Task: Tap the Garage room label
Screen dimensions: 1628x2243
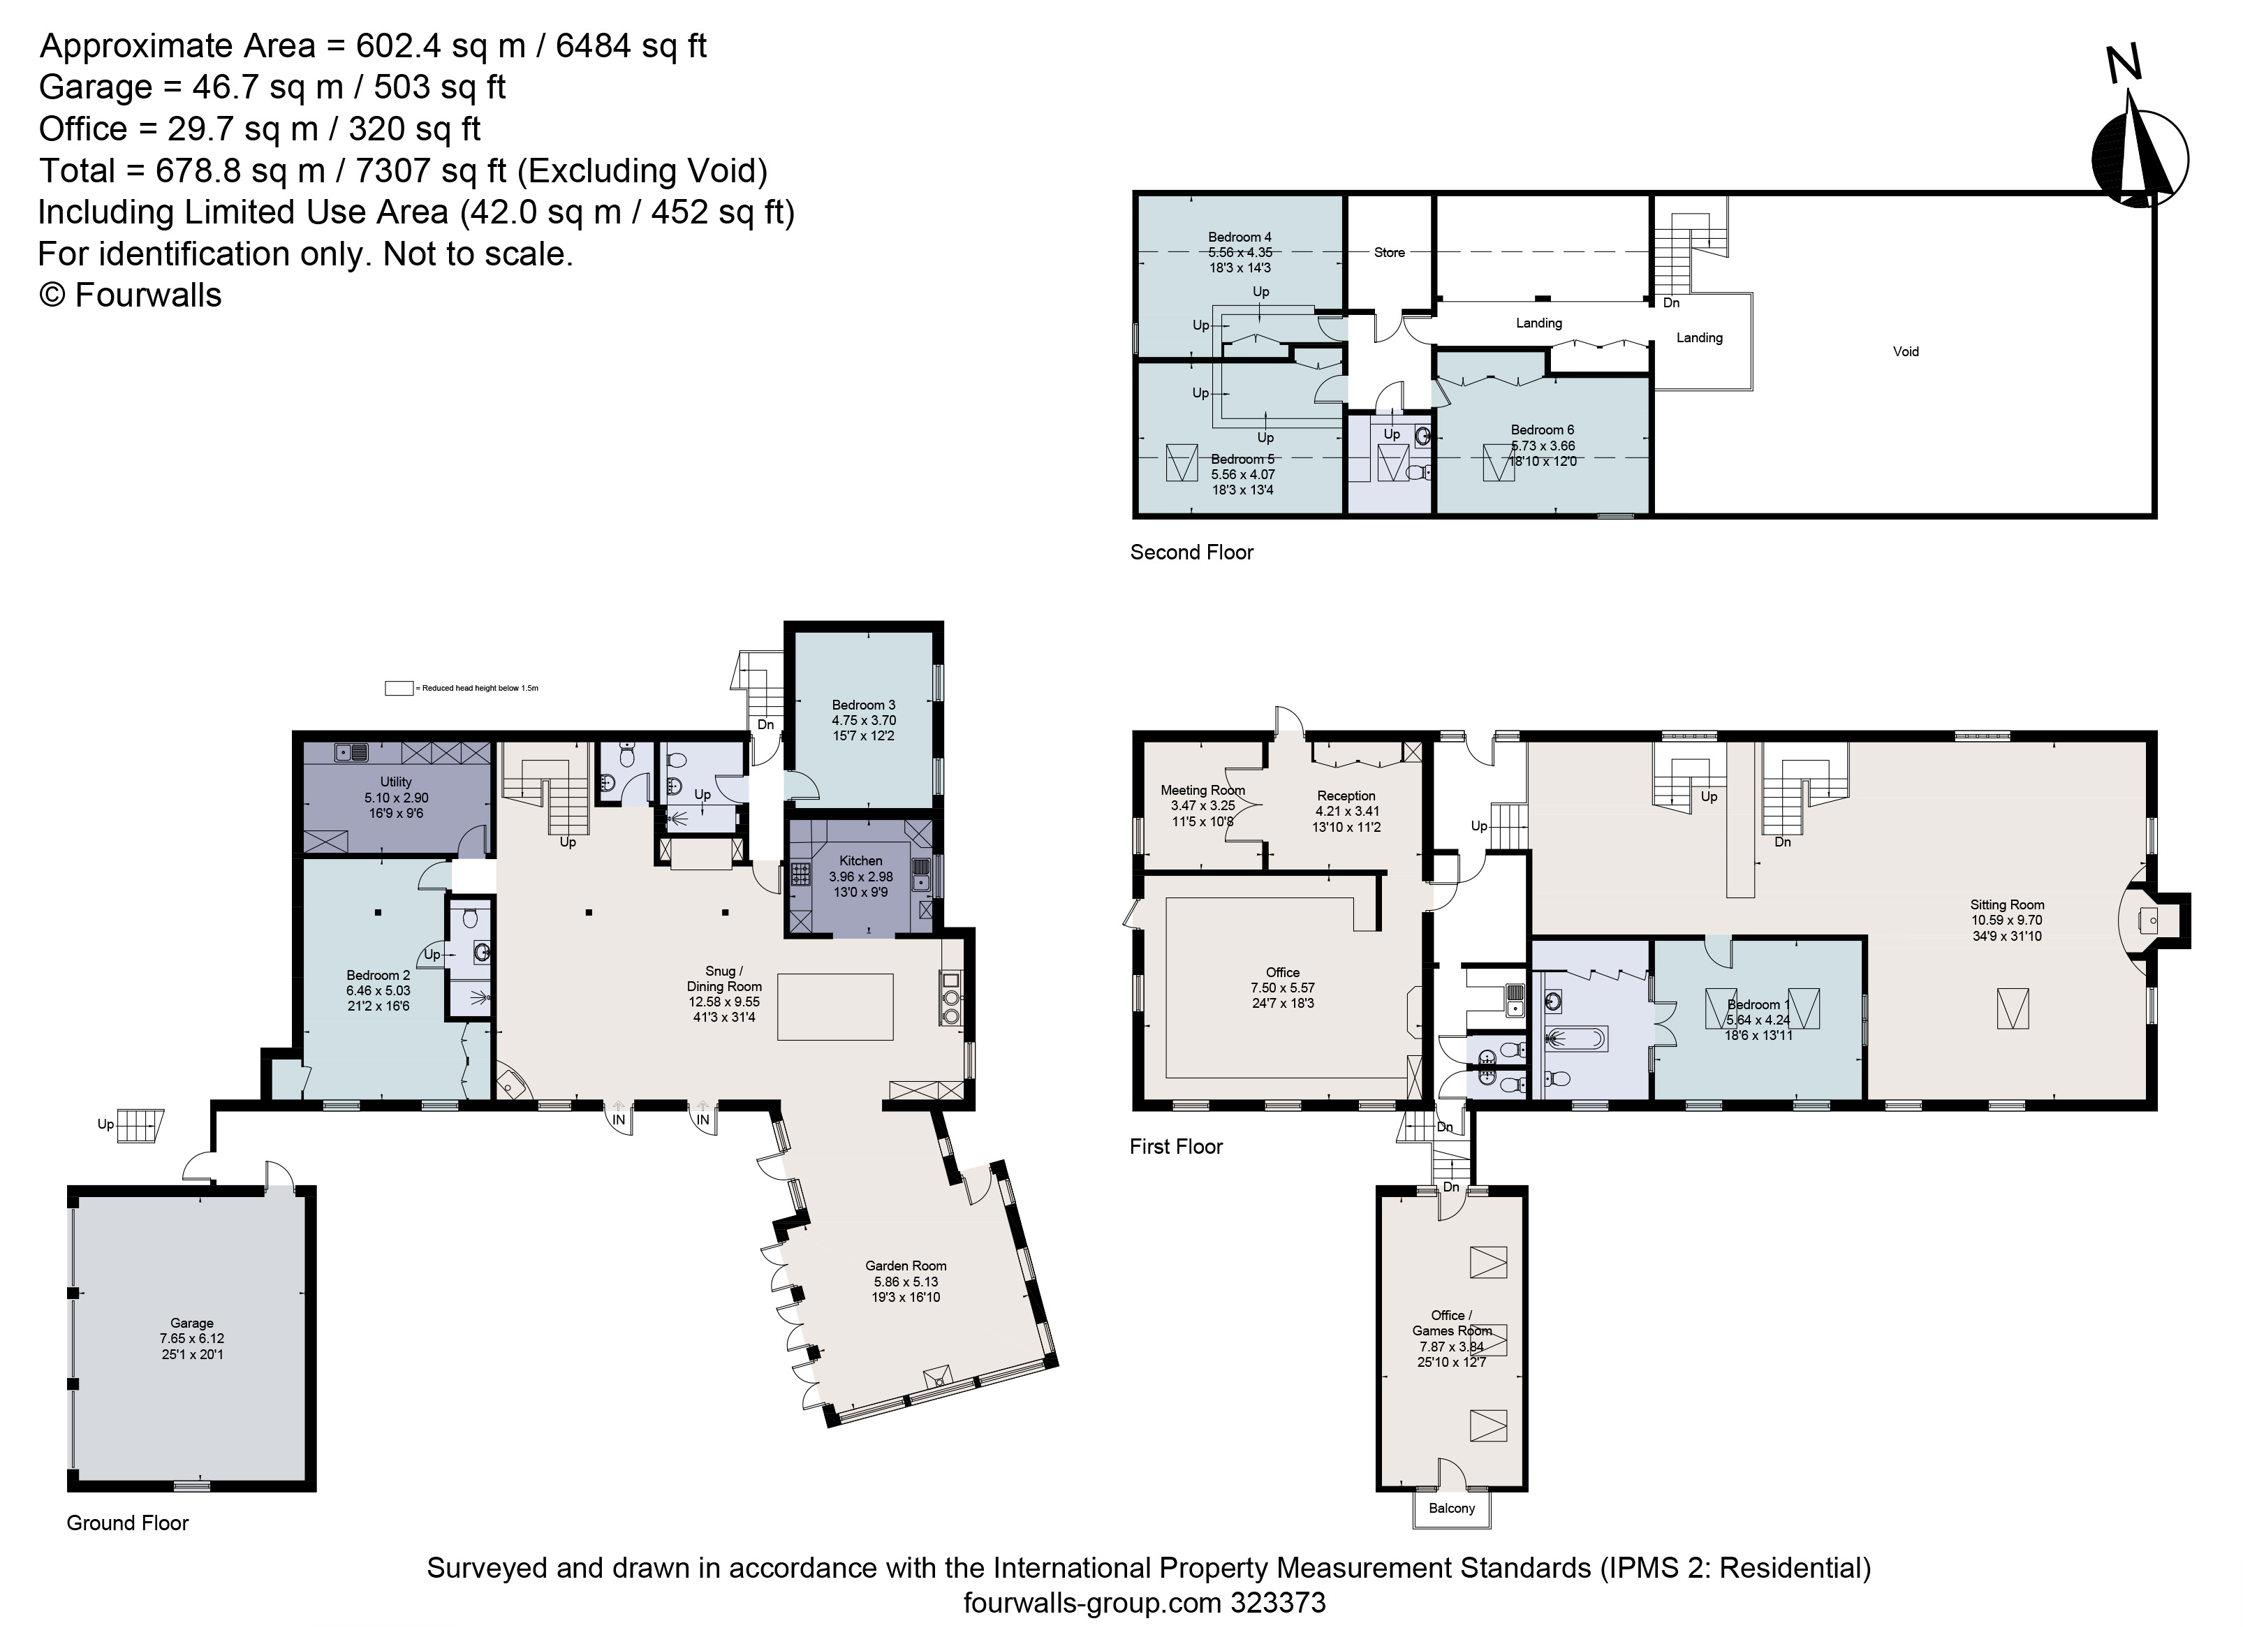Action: click(192, 1322)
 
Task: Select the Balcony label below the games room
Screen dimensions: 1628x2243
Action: click(1451, 1509)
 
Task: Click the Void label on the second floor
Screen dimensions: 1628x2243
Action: click(1905, 351)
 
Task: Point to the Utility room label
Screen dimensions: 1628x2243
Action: click(395, 782)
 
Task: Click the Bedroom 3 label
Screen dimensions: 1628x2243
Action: click(863, 705)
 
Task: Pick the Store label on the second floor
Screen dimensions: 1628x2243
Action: click(1388, 252)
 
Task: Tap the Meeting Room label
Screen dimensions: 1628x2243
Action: click(1203, 791)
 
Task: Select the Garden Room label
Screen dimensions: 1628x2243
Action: click(905, 1265)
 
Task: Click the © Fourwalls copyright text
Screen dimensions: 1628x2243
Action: click(130, 295)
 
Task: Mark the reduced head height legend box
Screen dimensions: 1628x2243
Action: click(399, 689)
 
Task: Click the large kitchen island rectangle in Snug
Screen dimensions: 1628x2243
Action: click(834, 1007)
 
